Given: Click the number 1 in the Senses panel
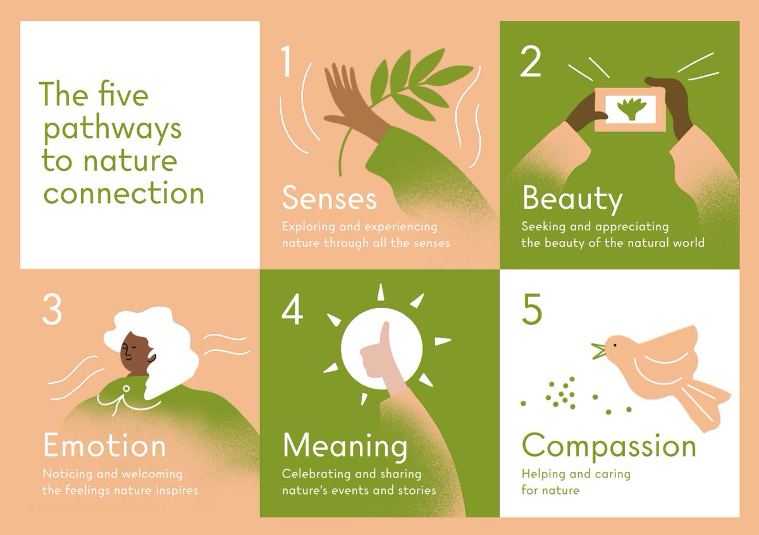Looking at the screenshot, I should (287, 63).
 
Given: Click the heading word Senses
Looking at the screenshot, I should (329, 198).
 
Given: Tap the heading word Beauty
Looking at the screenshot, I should (572, 199).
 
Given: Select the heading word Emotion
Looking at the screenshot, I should (104, 446).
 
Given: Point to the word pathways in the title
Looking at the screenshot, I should (112, 129).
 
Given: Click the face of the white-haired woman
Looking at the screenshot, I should (133, 350).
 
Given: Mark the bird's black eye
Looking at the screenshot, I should (612, 345).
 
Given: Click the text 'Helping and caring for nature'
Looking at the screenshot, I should (576, 481).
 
